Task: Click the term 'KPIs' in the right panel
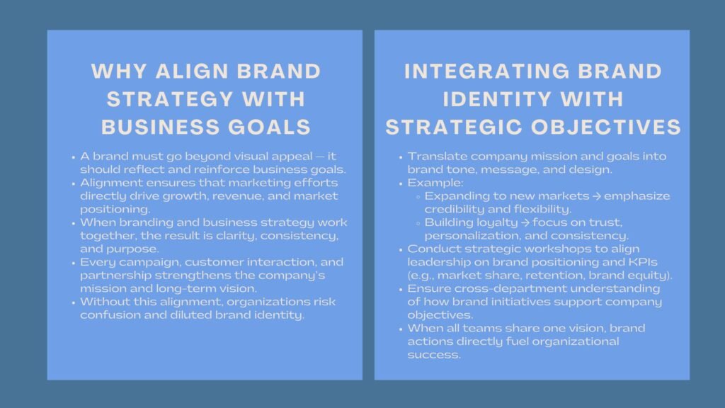coord(646,261)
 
